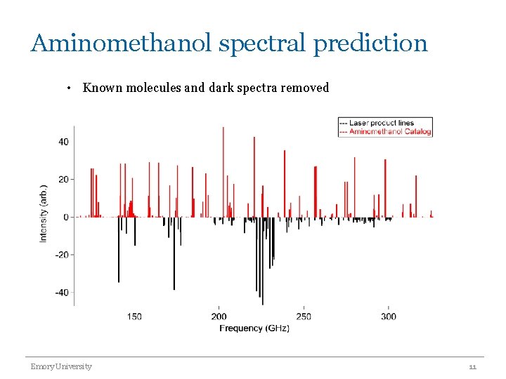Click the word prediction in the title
tap(370, 44)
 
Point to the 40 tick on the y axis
tap(63, 142)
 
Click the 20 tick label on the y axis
tap(63, 180)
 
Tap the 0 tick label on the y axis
tap(66, 217)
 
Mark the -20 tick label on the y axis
tap(62, 255)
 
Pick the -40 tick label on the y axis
tap(62, 293)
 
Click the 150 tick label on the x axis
tap(134, 317)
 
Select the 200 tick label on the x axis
tap(219, 317)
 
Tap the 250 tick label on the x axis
tap(304, 317)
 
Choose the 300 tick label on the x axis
tap(389, 317)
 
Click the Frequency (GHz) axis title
tap(254, 328)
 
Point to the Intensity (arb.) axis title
tap(44, 209)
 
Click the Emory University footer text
tap(61, 366)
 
